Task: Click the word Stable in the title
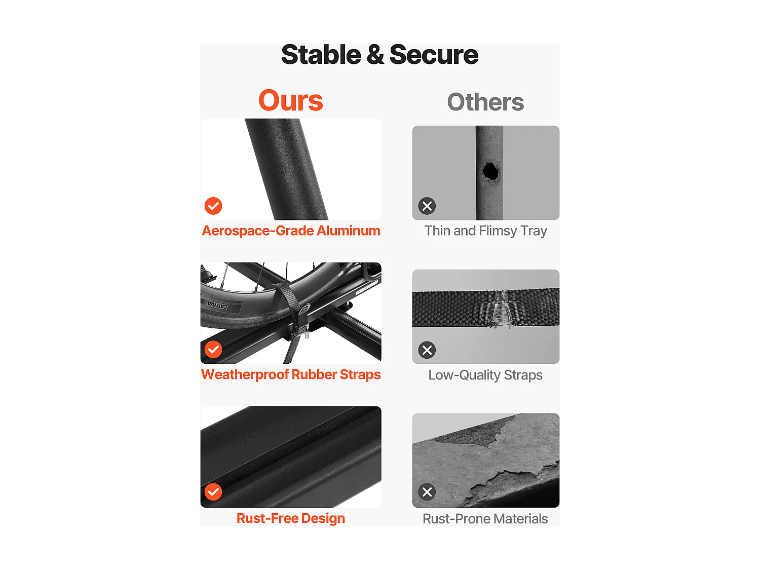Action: pos(321,55)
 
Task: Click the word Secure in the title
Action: pos(434,55)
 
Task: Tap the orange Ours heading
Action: pos(290,100)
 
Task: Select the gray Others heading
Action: pos(485,102)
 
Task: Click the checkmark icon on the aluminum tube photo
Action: pos(213,206)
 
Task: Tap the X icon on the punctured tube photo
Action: pos(427,206)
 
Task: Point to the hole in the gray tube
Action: pos(490,171)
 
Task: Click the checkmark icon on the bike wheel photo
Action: pos(213,350)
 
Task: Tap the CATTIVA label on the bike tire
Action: pos(218,305)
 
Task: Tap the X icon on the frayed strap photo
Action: pos(427,350)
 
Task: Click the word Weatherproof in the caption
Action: pos(245,375)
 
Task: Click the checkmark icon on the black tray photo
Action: pos(213,492)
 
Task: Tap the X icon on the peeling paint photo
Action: pos(427,492)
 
